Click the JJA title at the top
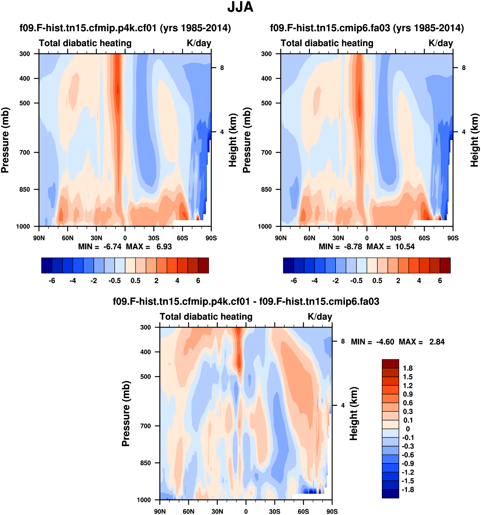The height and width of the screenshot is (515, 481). pyautogui.click(x=240, y=7)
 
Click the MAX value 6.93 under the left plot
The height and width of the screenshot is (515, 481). pyautogui.click(x=164, y=247)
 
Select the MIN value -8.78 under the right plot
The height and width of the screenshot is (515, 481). pyautogui.click(x=353, y=247)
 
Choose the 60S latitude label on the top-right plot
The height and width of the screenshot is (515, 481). pyautogui.click(x=424, y=238)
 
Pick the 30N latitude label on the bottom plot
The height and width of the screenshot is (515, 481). pyautogui.click(x=217, y=511)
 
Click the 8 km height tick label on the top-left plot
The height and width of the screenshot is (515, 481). pyautogui.click(x=222, y=68)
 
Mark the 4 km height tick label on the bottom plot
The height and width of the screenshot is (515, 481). pyautogui.click(x=343, y=406)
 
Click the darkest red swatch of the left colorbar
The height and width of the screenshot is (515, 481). pyautogui.click(x=203, y=265)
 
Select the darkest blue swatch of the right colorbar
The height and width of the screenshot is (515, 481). pyautogui.click(x=288, y=265)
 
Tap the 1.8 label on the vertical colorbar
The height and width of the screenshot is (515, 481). pyautogui.click(x=408, y=368)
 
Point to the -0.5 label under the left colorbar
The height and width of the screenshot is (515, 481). pyautogui.click(x=114, y=281)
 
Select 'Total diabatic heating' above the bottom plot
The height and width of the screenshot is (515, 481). pyautogui.click(x=206, y=317)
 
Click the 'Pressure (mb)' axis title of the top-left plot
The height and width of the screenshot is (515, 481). pyautogui.click(x=5, y=140)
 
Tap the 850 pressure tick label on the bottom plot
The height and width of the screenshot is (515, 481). pyautogui.click(x=146, y=463)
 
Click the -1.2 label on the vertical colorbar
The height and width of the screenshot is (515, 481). pyautogui.click(x=408, y=472)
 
